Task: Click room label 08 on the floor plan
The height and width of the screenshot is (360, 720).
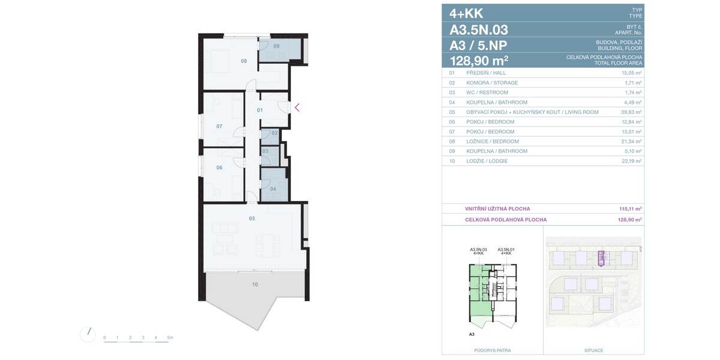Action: (x=244, y=61)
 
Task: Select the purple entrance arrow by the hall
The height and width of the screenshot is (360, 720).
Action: (x=297, y=107)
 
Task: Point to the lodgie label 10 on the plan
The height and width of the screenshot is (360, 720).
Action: (x=255, y=284)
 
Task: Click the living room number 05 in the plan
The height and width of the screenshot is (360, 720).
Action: (x=252, y=218)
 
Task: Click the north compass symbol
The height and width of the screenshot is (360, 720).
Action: (x=88, y=335)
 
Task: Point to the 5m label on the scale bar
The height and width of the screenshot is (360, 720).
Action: (x=170, y=337)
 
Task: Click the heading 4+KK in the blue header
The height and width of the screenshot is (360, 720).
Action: (x=466, y=13)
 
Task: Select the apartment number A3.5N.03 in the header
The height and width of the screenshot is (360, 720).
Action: (x=479, y=30)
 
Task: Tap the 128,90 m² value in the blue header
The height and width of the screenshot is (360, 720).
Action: (x=479, y=61)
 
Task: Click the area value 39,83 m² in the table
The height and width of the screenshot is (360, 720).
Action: (x=631, y=112)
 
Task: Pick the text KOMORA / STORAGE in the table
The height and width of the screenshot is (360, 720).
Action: (x=492, y=83)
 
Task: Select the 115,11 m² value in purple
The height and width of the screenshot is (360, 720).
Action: (x=631, y=209)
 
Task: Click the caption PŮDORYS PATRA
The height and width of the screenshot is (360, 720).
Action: (x=493, y=350)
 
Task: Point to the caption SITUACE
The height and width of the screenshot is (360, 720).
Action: (x=593, y=350)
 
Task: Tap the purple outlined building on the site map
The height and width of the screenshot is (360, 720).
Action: (x=601, y=259)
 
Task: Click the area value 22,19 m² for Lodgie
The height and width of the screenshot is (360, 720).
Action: (x=632, y=161)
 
